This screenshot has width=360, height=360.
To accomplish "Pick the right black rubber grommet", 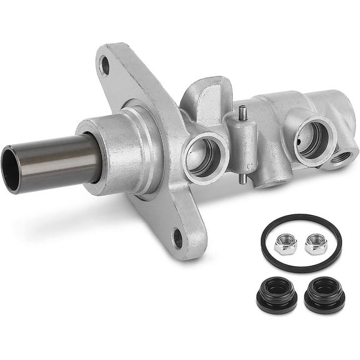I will pos(324,291).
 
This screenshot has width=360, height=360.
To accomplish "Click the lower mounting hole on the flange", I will pos(178,237).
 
